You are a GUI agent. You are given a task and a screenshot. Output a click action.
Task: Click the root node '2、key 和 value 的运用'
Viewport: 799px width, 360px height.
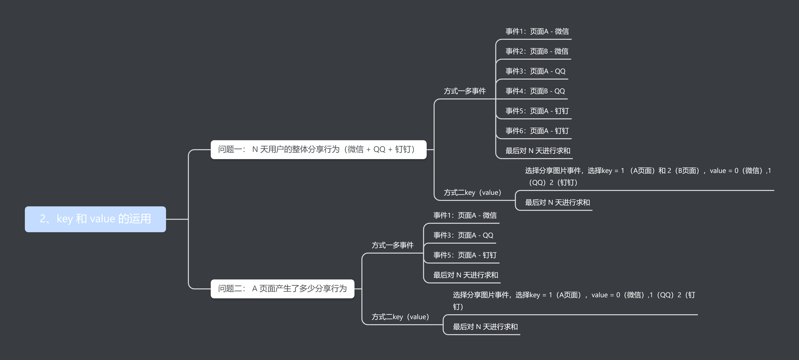click(x=95, y=219)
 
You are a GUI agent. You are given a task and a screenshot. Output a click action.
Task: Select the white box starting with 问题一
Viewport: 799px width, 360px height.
click(x=318, y=150)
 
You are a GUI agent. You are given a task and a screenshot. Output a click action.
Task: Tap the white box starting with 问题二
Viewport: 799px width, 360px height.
click(x=282, y=289)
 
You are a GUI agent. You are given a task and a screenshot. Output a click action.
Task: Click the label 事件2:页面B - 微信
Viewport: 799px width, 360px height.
click(x=537, y=51)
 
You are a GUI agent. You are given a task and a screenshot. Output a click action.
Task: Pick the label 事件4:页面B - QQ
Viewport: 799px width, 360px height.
click(x=535, y=91)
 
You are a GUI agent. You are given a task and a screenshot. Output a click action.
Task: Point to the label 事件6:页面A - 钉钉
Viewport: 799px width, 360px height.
click(x=537, y=131)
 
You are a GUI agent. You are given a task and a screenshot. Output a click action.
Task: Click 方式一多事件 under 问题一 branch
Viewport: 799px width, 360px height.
click(x=464, y=91)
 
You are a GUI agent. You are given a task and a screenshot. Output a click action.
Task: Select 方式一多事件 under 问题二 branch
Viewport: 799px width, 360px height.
click(x=392, y=245)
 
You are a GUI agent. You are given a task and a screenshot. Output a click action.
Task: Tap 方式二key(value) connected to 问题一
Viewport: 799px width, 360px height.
click(x=472, y=192)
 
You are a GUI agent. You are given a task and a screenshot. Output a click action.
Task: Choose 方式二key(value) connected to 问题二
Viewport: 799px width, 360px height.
click(x=400, y=317)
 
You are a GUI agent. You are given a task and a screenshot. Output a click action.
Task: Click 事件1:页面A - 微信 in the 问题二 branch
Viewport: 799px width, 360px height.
click(x=465, y=215)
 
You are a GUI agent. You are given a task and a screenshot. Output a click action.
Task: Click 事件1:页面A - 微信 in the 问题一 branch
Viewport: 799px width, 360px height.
click(x=537, y=31)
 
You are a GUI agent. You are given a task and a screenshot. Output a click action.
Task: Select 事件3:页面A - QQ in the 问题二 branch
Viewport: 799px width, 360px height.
click(x=463, y=235)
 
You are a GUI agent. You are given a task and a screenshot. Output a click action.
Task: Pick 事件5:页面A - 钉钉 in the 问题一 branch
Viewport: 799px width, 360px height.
click(x=537, y=111)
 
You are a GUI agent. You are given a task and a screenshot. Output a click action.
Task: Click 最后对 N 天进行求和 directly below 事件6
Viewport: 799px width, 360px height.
click(x=538, y=151)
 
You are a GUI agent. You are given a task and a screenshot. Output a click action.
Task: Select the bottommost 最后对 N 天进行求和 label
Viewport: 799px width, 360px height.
click(x=485, y=327)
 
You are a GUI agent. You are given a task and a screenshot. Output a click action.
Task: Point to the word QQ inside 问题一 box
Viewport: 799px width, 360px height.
click(x=379, y=150)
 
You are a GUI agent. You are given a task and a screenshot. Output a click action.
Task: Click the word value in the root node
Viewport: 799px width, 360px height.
click(x=102, y=219)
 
